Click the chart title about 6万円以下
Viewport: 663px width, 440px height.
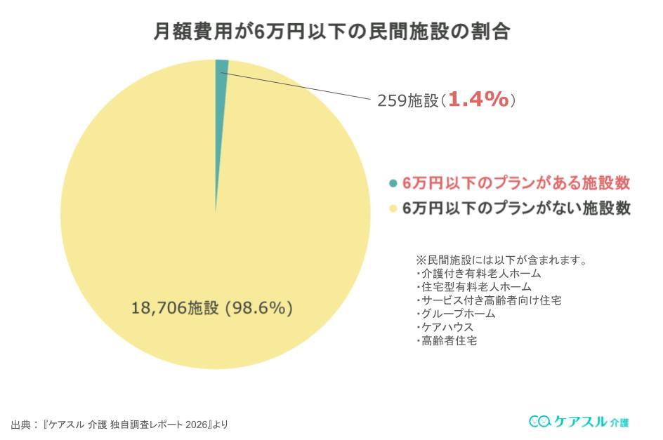(331, 32)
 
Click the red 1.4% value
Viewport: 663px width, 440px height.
(478, 100)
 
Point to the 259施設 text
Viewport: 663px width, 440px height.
(408, 100)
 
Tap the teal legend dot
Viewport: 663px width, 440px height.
(393, 184)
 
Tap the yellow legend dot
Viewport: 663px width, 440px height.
(393, 208)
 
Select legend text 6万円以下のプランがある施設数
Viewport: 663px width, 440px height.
(516, 184)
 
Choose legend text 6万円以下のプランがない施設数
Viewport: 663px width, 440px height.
(516, 208)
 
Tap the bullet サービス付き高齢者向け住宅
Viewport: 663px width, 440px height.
(488, 300)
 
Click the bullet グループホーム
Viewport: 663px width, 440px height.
(456, 314)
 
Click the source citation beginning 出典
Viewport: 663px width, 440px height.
(119, 424)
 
